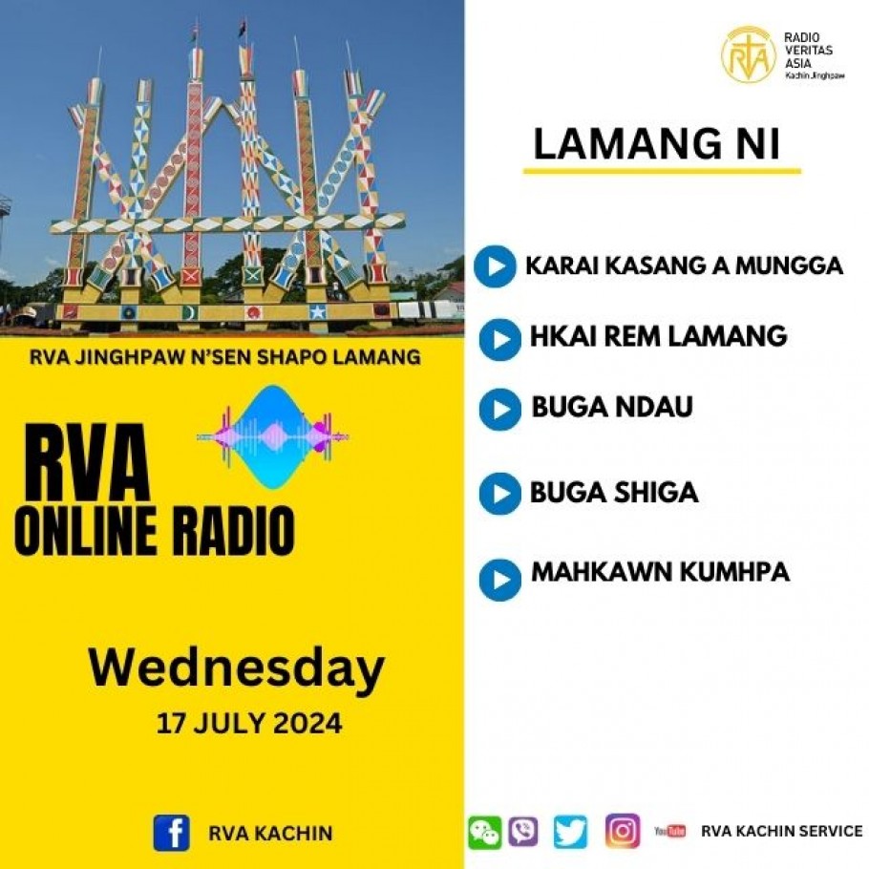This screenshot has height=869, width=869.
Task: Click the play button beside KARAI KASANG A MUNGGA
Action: click(495, 266)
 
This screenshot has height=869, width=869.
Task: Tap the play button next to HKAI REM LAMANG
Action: click(499, 339)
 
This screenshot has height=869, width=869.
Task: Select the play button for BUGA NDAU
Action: click(499, 410)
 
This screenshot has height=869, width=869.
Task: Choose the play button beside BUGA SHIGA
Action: click(499, 494)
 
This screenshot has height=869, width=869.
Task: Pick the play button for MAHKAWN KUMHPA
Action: click(499, 580)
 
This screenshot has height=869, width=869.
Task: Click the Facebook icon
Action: click(171, 833)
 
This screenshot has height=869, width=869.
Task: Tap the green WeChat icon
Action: click(484, 833)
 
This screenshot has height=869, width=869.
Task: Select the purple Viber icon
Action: click(523, 833)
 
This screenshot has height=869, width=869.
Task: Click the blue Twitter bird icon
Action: click(570, 832)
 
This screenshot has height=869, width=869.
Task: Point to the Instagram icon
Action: click(623, 832)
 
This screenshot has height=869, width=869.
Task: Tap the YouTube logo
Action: click(669, 832)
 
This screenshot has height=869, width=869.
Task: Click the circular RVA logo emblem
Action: click(748, 54)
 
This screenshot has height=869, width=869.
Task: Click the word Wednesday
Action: click(237, 668)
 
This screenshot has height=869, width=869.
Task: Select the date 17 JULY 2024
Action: click(249, 723)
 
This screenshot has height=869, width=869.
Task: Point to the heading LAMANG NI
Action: click(657, 143)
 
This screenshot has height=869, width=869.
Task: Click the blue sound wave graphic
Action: click(273, 437)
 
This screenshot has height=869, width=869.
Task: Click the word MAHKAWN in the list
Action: click(602, 572)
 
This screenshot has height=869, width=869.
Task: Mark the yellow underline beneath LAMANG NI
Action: click(663, 171)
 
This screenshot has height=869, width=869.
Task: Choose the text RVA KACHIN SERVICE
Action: click(782, 832)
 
